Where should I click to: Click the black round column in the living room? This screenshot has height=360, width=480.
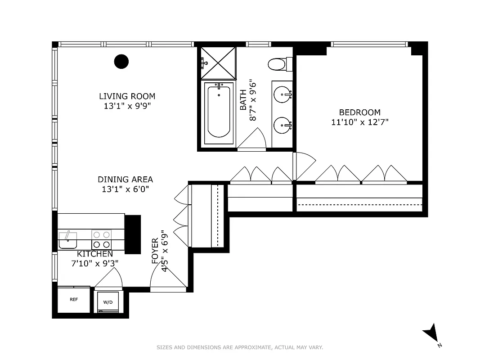click(x=121, y=61)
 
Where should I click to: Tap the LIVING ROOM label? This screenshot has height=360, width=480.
click(x=127, y=96)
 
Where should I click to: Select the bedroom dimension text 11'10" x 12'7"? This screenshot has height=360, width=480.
click(x=359, y=122)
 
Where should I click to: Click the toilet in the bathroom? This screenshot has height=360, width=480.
click(x=278, y=64)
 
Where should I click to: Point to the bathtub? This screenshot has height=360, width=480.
click(x=219, y=113)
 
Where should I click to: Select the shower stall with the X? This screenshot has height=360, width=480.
click(x=218, y=63)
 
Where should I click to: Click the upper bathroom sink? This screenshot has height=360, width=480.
click(x=283, y=94)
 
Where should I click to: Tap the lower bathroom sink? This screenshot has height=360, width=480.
click(x=283, y=124)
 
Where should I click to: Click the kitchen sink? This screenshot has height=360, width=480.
click(x=67, y=240)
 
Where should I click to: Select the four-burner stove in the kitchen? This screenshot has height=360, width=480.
click(x=102, y=240)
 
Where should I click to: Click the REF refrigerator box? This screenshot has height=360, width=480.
click(x=73, y=299)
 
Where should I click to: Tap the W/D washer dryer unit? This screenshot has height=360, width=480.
click(x=108, y=302)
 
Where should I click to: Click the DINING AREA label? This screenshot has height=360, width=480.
click(x=125, y=180)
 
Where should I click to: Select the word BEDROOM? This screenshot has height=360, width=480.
click(x=359, y=112)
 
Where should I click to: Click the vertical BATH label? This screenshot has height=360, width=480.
click(x=243, y=100)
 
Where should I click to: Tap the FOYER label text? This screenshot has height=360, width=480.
click(x=155, y=251)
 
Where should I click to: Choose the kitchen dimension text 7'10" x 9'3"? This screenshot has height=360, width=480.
click(x=94, y=264)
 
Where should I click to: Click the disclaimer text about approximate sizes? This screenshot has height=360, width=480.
click(x=240, y=347)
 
